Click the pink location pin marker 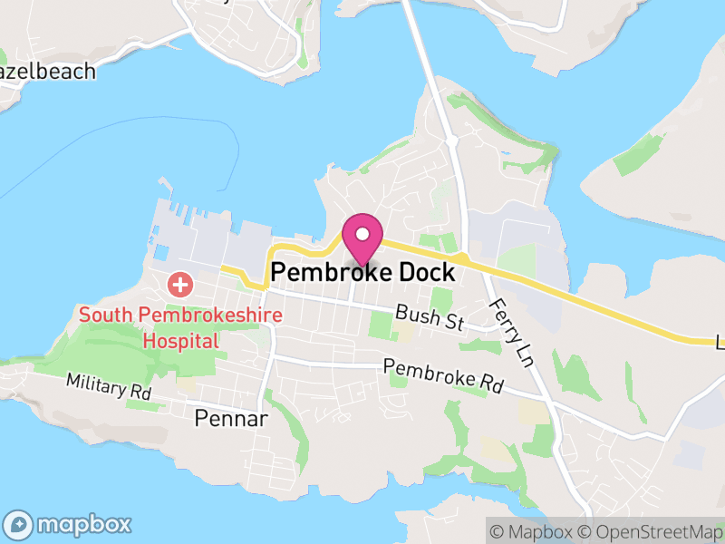[x=362, y=238]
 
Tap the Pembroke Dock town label [x=362, y=272]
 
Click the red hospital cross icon [x=181, y=285]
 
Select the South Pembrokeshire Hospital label [x=181, y=328]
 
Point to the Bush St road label [x=430, y=318]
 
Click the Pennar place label [x=231, y=418]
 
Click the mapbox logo [x=69, y=524]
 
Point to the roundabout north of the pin [x=451, y=141]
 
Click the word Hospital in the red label [x=181, y=341]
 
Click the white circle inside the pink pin [x=362, y=234]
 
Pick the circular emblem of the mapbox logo [x=19, y=524]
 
